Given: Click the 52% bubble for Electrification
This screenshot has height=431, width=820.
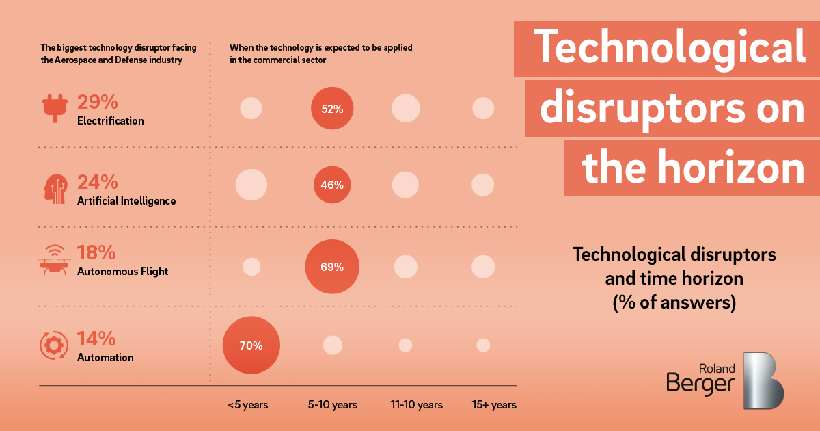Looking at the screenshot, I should click(x=332, y=108).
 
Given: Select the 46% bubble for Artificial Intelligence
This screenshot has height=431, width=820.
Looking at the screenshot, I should click(x=332, y=185).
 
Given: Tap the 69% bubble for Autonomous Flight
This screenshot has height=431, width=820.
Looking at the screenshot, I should click(x=332, y=267).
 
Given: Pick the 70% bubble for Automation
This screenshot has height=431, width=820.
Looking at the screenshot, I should click(x=251, y=345).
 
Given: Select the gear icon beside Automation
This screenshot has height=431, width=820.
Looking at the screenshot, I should click(x=53, y=345).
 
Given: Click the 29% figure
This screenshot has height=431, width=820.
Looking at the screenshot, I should click(x=98, y=103).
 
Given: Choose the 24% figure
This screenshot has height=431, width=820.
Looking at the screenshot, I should click(x=98, y=182).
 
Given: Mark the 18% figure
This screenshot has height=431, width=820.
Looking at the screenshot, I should click(x=96, y=253).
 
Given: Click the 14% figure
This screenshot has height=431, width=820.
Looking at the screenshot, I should click(x=96, y=339).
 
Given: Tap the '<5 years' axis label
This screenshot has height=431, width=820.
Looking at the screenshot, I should click(x=248, y=405).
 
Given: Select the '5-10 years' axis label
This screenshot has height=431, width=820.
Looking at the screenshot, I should click(x=333, y=405).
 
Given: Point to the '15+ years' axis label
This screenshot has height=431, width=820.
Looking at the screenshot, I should click(x=494, y=405).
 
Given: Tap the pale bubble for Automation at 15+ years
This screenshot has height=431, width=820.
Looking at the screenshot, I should click(x=483, y=345).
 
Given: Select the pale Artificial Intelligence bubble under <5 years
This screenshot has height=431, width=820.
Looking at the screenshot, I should click(x=251, y=185).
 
